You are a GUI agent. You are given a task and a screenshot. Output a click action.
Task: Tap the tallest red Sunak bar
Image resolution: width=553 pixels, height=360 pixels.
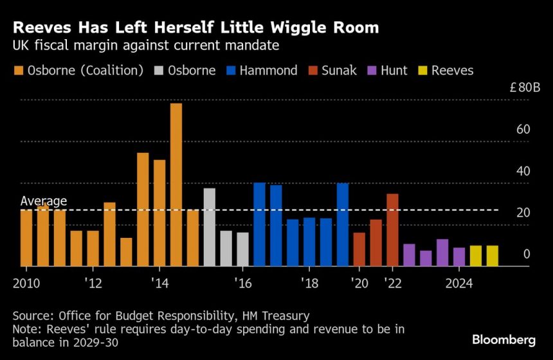[x=392, y=230]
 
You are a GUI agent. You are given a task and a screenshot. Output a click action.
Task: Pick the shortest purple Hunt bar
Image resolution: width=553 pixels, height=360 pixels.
[x=426, y=258]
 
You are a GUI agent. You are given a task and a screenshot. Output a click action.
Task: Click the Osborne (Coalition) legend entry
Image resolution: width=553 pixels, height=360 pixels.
[x=77, y=71]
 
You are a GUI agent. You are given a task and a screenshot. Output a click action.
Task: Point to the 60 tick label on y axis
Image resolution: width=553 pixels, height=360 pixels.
[x=523, y=130]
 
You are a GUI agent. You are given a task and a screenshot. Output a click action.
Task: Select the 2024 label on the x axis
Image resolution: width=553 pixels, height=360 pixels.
[x=460, y=283]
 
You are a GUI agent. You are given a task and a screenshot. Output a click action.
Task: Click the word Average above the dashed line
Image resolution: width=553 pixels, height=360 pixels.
[x=44, y=201]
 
